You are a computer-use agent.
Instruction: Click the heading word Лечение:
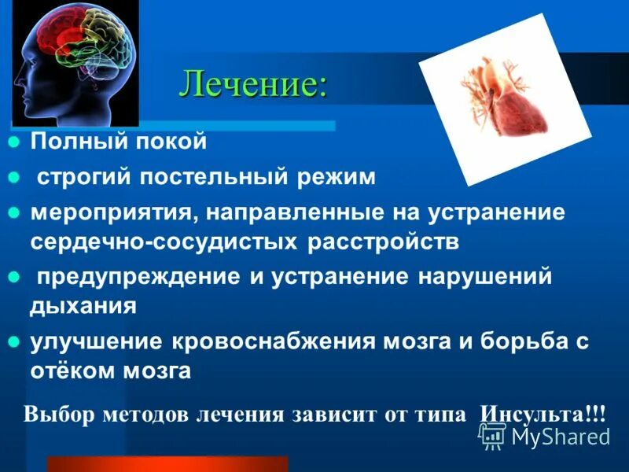coord(252,84)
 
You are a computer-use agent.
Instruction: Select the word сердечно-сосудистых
coord(160,241)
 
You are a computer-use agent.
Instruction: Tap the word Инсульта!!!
coord(543,415)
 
